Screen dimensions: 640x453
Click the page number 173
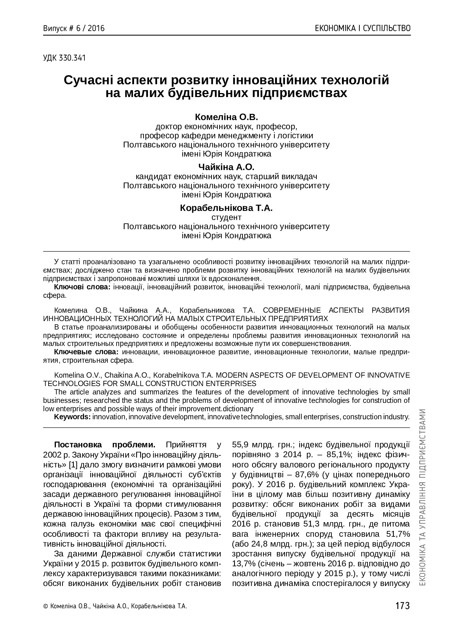tap(402, 606)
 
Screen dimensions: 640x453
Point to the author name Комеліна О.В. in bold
tap(226, 117)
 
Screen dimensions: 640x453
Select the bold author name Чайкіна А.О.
tap(226, 167)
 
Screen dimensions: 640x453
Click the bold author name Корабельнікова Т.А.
tap(226, 208)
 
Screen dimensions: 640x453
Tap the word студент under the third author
tap(226, 217)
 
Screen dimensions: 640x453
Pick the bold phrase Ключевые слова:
tap(86, 352)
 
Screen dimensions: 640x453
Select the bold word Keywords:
tap(72, 417)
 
